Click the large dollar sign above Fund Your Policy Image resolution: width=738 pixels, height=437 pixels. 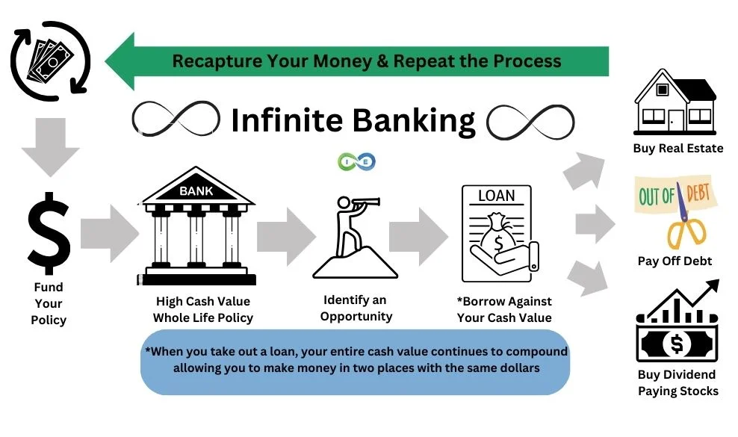point(49,234)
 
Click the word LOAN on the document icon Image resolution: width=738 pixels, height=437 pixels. point(497,196)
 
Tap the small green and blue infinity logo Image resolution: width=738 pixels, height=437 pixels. point(356,161)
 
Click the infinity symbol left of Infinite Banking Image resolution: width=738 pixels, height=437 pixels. point(176,120)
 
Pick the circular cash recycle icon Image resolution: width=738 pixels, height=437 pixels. point(50,61)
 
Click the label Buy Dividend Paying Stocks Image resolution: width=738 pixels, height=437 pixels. point(677,382)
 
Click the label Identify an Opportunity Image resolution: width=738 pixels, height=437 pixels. point(356,308)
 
